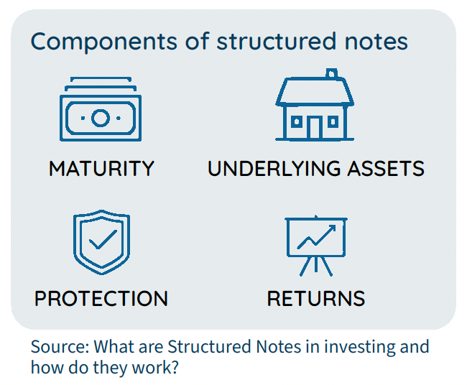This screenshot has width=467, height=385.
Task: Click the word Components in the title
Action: [x=104, y=42]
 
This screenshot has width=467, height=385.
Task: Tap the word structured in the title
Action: [x=277, y=42]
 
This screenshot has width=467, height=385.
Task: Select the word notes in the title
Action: [x=376, y=42]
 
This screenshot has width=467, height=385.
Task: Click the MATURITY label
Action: [x=101, y=169]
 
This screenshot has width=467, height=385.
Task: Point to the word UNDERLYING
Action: [x=274, y=169]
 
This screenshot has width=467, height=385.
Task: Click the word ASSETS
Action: [x=387, y=169]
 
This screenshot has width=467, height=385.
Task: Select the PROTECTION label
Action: [x=101, y=298]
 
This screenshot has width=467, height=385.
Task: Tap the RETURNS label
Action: [x=316, y=298]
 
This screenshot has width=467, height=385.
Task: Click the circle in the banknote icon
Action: [x=101, y=118]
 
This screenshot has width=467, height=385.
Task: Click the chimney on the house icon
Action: [x=331, y=73]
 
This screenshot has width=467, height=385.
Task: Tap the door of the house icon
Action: [x=314, y=128]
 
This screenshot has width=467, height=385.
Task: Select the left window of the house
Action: [x=296, y=122]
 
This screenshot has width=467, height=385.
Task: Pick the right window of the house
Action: [x=333, y=122]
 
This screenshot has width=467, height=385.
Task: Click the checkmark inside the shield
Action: [x=103, y=240]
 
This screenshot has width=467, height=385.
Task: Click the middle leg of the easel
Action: [x=316, y=264]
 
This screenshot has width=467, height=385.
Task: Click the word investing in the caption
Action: [x=359, y=348]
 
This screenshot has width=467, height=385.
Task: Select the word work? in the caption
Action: [x=155, y=368]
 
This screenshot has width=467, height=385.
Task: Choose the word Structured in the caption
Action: [x=209, y=347]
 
